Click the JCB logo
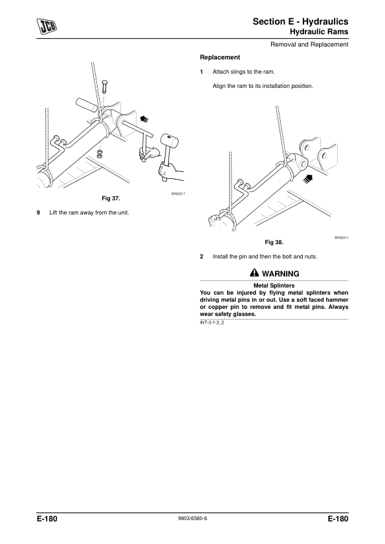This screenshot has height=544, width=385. tap(47, 26)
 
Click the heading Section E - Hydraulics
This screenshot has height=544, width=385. tap(300, 21)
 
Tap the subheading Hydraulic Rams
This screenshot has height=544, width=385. tap(319, 32)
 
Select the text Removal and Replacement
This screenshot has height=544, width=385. tap(309, 45)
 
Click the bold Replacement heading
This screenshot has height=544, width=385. tap(220, 58)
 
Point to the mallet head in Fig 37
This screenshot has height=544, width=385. tap(170, 140)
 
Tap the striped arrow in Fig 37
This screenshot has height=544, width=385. tap(144, 119)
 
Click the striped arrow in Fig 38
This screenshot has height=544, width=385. tap(307, 179)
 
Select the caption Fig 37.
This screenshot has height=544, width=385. tap(111, 198)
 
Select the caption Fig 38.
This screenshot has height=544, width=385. tap(274, 242)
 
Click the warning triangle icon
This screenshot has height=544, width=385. tap(254, 273)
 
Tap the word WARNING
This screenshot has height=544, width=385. tap(280, 274)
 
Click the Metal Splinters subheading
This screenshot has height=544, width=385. tap(274, 286)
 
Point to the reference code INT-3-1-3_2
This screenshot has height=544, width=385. tap(212, 322)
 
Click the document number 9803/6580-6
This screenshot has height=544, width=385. tap(193, 518)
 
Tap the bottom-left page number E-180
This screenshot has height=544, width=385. tap(47, 519)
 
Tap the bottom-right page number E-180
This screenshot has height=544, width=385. tap(338, 519)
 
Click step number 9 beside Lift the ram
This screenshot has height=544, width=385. tap(38, 213)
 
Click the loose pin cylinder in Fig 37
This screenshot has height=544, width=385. tap(87, 105)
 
